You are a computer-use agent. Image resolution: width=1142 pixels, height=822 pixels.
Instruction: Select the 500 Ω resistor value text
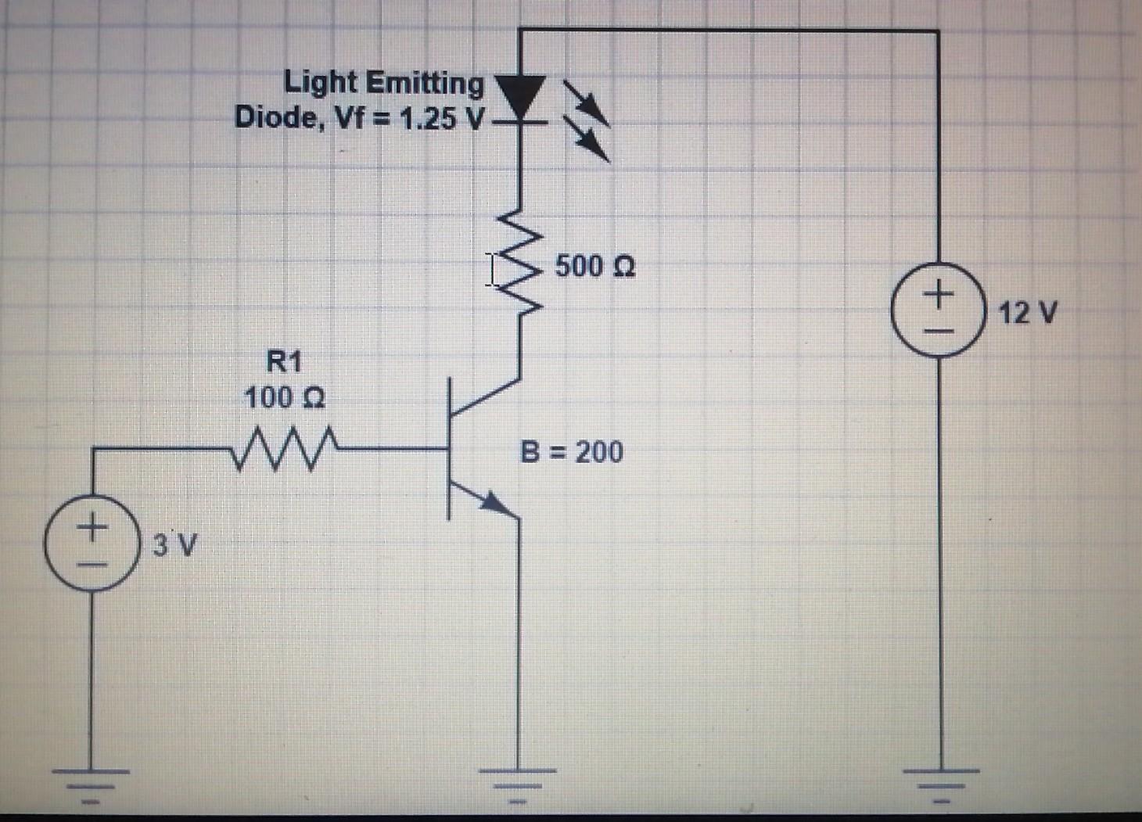point(595,267)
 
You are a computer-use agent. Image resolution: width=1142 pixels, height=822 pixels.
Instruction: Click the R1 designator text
point(283,362)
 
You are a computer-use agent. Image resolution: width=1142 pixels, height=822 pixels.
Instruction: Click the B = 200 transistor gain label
point(572,452)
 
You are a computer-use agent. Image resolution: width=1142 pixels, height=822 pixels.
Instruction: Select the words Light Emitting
point(383,83)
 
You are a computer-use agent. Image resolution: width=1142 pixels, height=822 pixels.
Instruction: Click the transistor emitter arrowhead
point(492,503)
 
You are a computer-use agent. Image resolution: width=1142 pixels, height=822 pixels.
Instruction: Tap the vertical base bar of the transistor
point(449,449)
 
